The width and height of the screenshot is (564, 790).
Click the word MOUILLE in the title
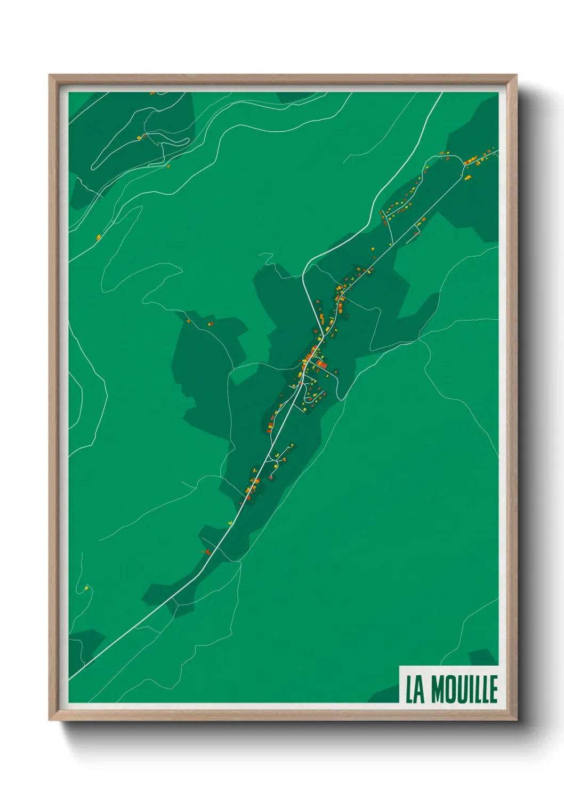(464, 689)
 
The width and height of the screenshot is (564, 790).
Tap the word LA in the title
(415, 689)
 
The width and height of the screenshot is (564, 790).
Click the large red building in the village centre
(321, 365)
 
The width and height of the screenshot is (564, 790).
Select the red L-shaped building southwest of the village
(205, 551)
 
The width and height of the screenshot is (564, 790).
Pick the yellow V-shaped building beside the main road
(229, 522)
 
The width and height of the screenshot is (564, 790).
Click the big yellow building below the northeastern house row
(468, 178)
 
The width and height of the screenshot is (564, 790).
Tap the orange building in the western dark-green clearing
(210, 323)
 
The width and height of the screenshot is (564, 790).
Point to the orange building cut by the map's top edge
(152, 93)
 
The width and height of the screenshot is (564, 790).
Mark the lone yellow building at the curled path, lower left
(86, 588)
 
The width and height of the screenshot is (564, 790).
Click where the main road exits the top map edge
(442, 93)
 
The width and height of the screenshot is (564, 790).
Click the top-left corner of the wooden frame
(50, 76)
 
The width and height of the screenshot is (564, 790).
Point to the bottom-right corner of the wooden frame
(516, 720)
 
